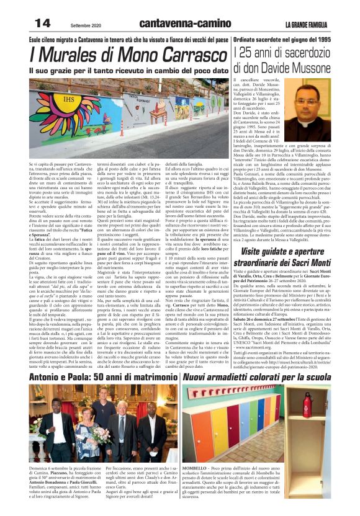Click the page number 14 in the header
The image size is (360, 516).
point(38,24)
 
